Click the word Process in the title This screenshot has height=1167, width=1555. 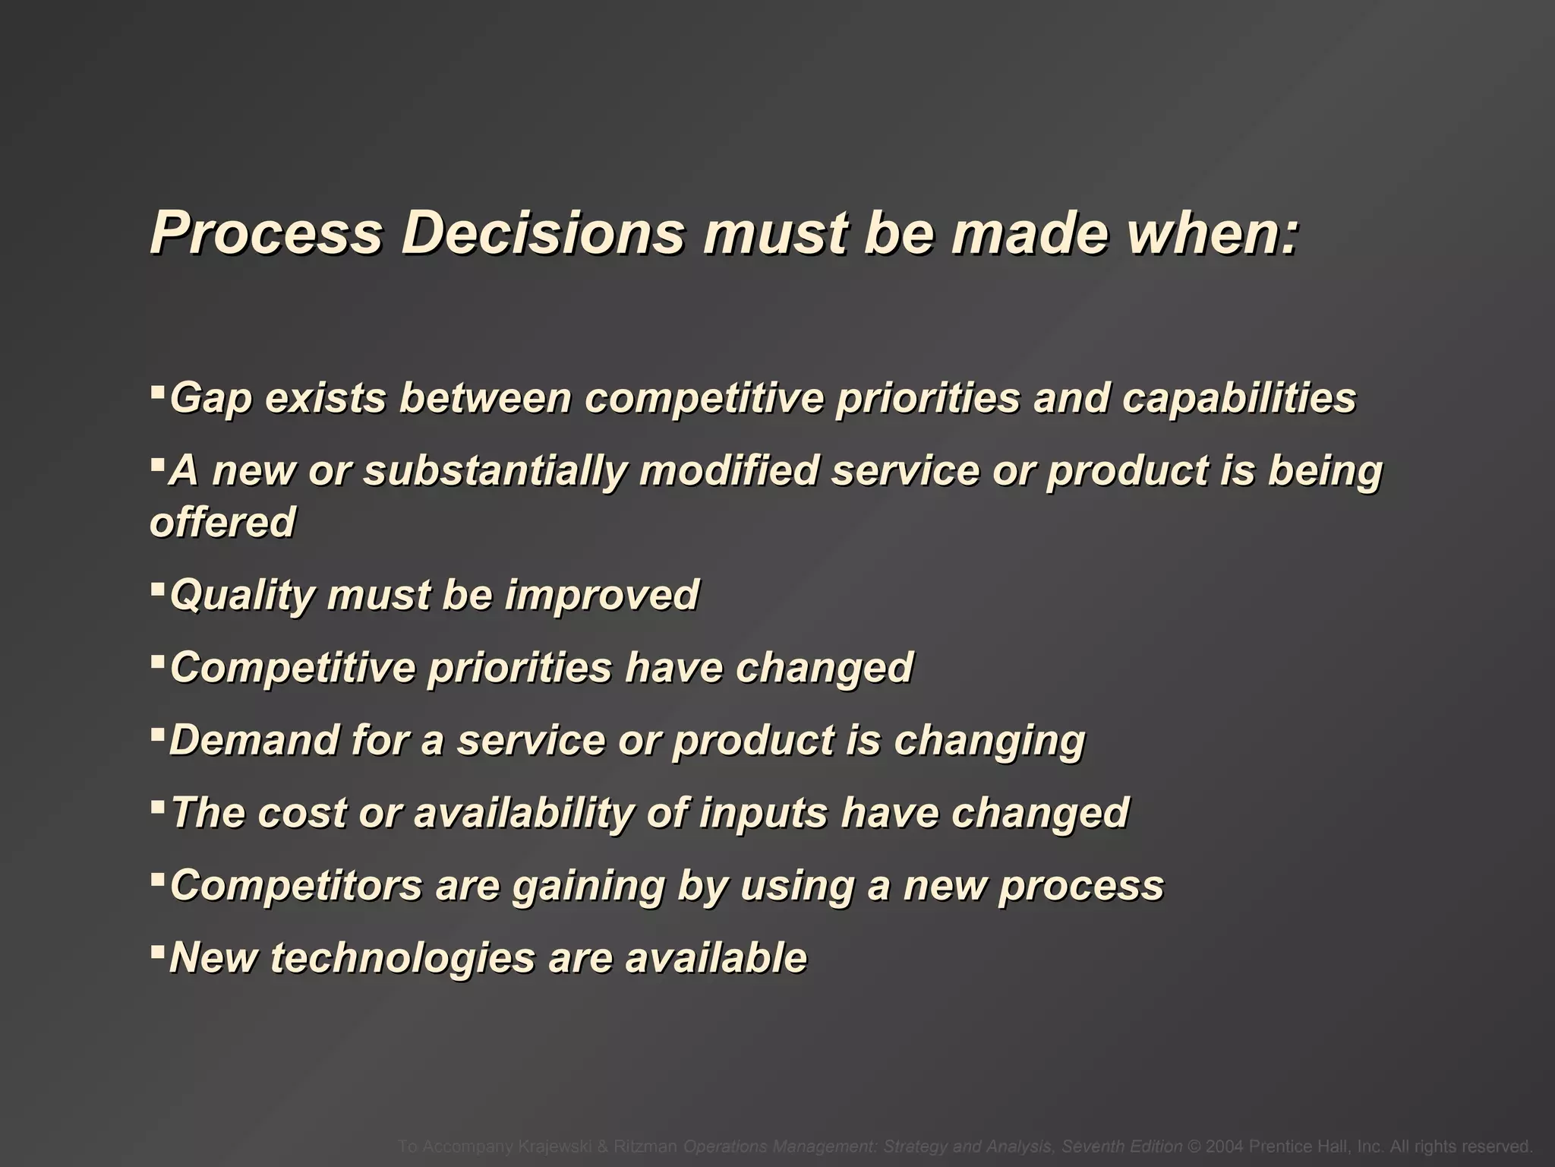pos(266,232)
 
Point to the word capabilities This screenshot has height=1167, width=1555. pos(1238,398)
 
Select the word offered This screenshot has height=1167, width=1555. pos(222,522)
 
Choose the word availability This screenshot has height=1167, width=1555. pos(523,813)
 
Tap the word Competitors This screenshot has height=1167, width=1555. pos(295,885)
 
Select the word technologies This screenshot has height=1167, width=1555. pos(402,958)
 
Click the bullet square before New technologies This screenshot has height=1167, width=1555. pos(157,949)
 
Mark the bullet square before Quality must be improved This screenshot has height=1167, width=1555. pos(157,587)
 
